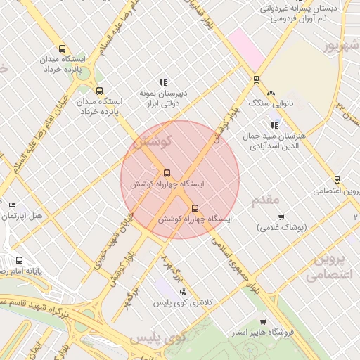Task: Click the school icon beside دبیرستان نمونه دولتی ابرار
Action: (163, 82)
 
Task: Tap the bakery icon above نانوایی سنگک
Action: (271, 92)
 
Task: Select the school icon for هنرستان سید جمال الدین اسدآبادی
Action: (274, 125)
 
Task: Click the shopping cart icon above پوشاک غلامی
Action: (281, 217)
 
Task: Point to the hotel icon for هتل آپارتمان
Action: (12, 205)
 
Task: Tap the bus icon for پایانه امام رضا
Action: (18, 260)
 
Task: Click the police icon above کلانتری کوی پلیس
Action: (183, 292)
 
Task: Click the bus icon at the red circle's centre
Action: (167, 173)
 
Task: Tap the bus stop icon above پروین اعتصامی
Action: (337, 180)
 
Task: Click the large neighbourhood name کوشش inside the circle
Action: (151, 142)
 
